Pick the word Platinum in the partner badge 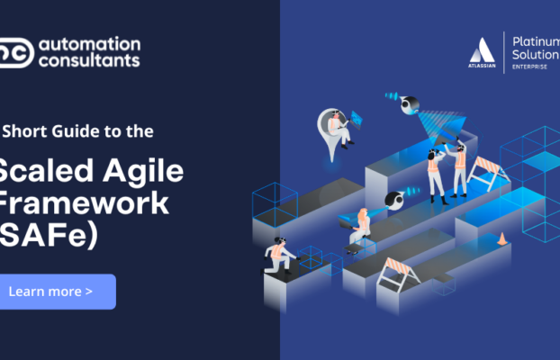(x=536, y=41)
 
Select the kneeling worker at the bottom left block (x=277, y=256)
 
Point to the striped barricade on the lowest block (x=397, y=270)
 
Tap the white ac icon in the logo (x=17, y=52)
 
